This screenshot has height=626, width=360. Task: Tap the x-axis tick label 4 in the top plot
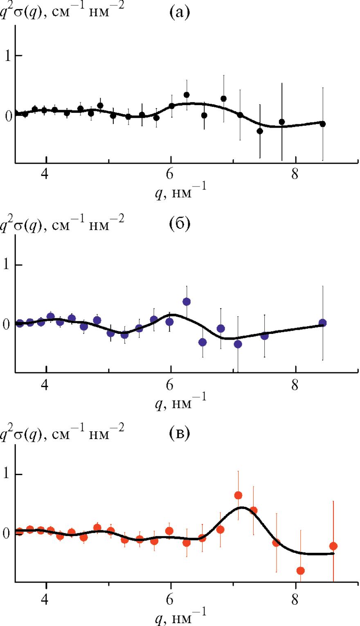(46, 173)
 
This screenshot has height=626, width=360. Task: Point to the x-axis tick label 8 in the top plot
(295, 173)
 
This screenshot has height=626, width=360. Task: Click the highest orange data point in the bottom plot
(238, 495)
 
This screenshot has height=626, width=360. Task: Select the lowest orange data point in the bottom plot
(301, 571)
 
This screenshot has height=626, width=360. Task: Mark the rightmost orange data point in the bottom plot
(333, 546)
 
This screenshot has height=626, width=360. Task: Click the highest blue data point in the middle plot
(187, 302)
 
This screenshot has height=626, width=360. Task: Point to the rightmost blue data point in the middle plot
(322, 323)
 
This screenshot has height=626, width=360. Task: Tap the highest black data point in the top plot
(187, 95)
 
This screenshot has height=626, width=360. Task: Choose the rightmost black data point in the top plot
(322, 124)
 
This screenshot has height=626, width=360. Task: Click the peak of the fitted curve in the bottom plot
(242, 508)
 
